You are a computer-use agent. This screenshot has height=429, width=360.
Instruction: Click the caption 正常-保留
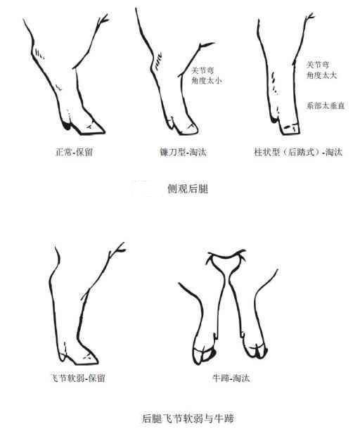tap(74, 152)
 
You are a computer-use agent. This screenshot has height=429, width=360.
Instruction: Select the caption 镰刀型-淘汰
tap(184, 152)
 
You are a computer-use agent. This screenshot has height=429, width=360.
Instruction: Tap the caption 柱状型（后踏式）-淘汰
tap(298, 152)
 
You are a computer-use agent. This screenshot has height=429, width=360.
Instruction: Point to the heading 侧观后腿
tap(188, 188)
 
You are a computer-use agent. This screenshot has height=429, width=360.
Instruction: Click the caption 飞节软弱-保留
tap(78, 378)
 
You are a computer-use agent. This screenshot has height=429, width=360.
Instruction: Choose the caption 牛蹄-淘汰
tap(231, 378)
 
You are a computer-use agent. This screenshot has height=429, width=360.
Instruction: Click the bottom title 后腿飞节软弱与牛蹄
tap(188, 418)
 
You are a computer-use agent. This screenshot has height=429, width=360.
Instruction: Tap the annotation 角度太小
tap(207, 81)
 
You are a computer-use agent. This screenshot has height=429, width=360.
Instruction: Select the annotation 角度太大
tap(321, 75)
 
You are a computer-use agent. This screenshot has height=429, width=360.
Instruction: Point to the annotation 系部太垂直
tap(326, 105)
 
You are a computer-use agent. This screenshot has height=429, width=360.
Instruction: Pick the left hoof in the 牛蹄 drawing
tap(204, 355)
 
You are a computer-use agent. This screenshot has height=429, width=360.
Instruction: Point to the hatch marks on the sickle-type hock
tap(157, 63)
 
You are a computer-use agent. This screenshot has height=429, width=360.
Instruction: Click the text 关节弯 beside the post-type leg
tap(318, 65)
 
